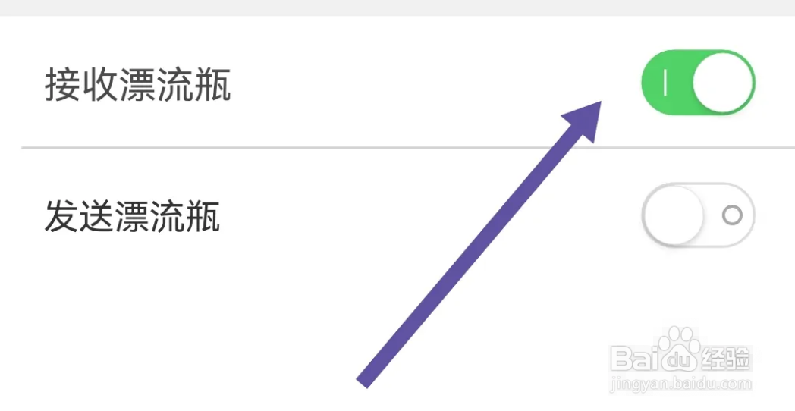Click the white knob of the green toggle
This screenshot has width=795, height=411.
(723, 83)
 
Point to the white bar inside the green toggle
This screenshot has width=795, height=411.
(665, 83)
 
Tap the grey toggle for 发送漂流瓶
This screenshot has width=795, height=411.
(698, 215)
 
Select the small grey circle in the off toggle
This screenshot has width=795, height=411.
(732, 215)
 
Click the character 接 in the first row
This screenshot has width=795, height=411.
(62, 85)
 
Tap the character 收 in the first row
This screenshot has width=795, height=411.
(100, 85)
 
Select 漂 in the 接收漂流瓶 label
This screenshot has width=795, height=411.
(138, 85)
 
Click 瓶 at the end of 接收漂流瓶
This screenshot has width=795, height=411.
(213, 85)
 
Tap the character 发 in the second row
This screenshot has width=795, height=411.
(62, 217)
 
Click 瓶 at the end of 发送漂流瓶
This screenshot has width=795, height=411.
(203, 217)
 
